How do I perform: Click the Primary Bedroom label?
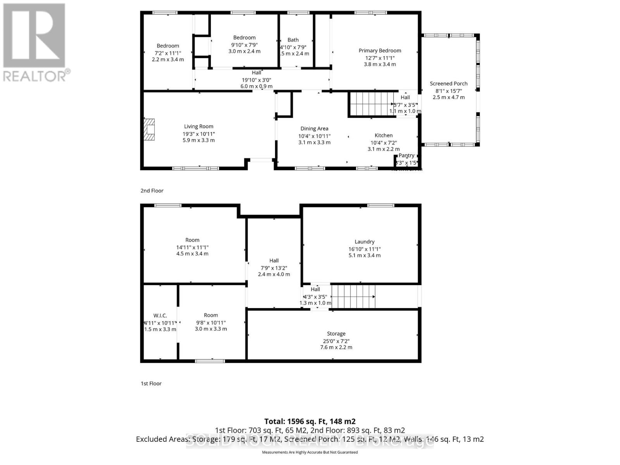[x=379, y=50]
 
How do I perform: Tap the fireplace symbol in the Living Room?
[x=149, y=129]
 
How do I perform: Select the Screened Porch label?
[x=448, y=83]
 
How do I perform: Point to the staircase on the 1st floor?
[x=353, y=296]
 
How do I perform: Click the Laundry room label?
[x=364, y=241]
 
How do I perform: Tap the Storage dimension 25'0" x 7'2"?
[x=336, y=341]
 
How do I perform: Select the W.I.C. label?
[x=160, y=315]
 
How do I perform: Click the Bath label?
[x=293, y=40]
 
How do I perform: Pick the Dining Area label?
[x=314, y=128]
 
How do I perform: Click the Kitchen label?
[x=383, y=135]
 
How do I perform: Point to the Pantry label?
[x=406, y=155]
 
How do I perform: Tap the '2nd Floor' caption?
[x=152, y=191]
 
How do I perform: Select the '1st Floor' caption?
[x=151, y=383]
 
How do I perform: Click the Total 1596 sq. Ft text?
[x=310, y=421]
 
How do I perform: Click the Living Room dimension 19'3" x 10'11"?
[x=198, y=134]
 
